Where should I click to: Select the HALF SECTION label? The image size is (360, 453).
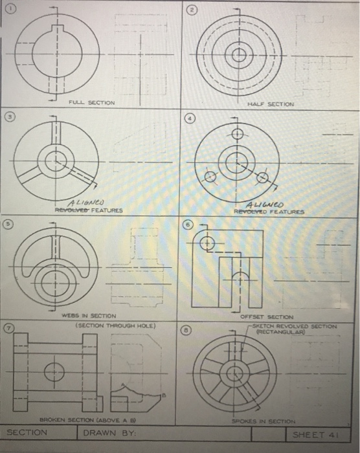(x=271, y=104)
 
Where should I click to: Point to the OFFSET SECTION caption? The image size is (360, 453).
(x=267, y=316)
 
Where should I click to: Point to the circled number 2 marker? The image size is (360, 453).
(x=192, y=9)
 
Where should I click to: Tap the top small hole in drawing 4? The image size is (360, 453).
(x=237, y=134)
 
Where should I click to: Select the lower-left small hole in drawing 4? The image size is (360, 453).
(x=211, y=177)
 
